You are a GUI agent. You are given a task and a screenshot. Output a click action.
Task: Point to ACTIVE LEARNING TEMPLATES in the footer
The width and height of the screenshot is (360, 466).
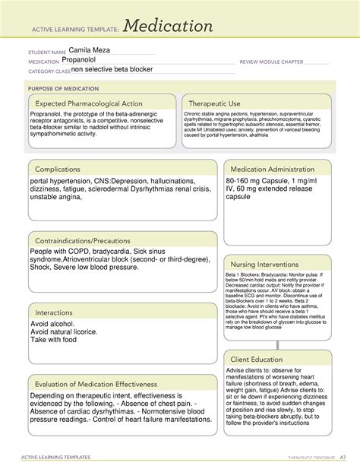pos(61,457)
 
